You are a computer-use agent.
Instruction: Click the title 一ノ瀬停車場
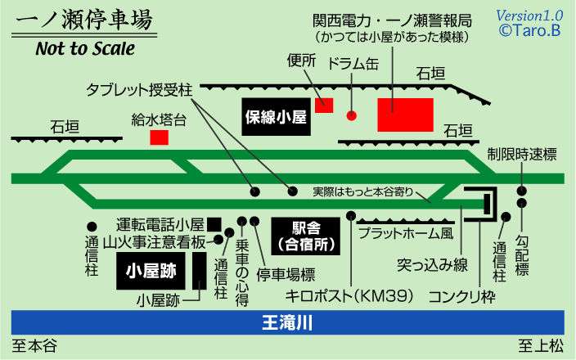(x=82, y=20)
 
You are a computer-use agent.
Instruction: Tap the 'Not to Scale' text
(x=85, y=47)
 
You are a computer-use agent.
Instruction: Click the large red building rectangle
(x=405, y=115)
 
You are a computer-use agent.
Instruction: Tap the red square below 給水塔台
(x=160, y=137)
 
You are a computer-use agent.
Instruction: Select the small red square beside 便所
(x=324, y=105)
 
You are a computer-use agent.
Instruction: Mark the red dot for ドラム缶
(x=352, y=115)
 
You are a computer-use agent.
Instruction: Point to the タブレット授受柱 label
(x=139, y=88)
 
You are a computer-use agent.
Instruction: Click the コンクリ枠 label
(x=462, y=295)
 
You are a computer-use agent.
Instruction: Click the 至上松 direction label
(x=541, y=347)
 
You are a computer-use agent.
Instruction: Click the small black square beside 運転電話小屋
(x=214, y=223)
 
